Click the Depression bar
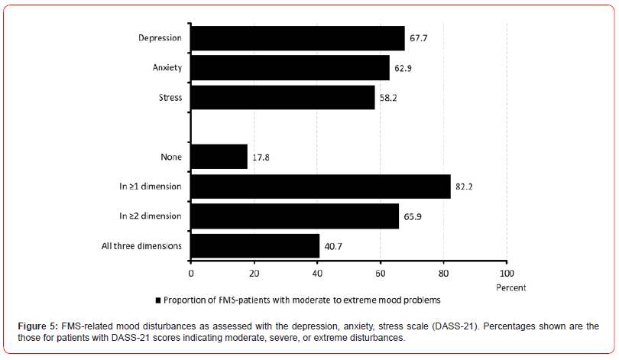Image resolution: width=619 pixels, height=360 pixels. click(x=297, y=38)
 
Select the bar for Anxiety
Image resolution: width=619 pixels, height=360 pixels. click(x=290, y=67)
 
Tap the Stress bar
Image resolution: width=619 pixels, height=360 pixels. click(x=282, y=97)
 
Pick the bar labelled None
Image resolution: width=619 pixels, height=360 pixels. click(x=219, y=157)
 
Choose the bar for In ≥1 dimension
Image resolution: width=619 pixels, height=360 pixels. click(x=320, y=186)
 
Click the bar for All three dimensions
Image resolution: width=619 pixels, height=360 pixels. click(x=254, y=245)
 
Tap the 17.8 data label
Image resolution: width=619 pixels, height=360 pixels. click(x=262, y=157)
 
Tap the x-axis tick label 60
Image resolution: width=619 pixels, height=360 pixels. click(x=380, y=272)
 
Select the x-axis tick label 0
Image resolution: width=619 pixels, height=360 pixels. click(x=191, y=272)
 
